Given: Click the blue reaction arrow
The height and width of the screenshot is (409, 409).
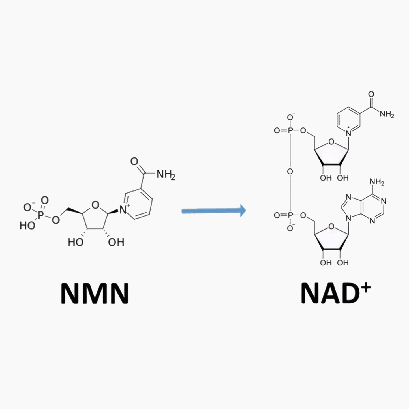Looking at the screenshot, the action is (214, 211).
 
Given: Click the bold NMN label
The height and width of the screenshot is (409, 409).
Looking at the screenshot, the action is (95, 294).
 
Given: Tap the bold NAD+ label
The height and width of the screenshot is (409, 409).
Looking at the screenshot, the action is (336, 294).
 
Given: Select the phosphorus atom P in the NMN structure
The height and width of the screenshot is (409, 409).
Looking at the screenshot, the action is (40, 216).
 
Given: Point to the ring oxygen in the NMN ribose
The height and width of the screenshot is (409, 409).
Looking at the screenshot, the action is (95, 205).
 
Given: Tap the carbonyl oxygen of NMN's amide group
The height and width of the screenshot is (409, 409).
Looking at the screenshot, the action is (134, 162).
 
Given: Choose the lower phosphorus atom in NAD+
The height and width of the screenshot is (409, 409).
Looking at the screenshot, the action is (290, 215).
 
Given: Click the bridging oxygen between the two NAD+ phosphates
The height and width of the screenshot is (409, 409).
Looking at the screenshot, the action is (290, 171).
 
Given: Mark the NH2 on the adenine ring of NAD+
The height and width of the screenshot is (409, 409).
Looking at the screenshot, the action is (377, 182).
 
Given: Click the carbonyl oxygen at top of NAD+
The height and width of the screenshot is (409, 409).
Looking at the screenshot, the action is (371, 94).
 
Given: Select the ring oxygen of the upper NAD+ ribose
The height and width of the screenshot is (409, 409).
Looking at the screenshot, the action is (331, 142).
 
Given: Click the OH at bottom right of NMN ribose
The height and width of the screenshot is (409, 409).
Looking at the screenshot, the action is (116, 242).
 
